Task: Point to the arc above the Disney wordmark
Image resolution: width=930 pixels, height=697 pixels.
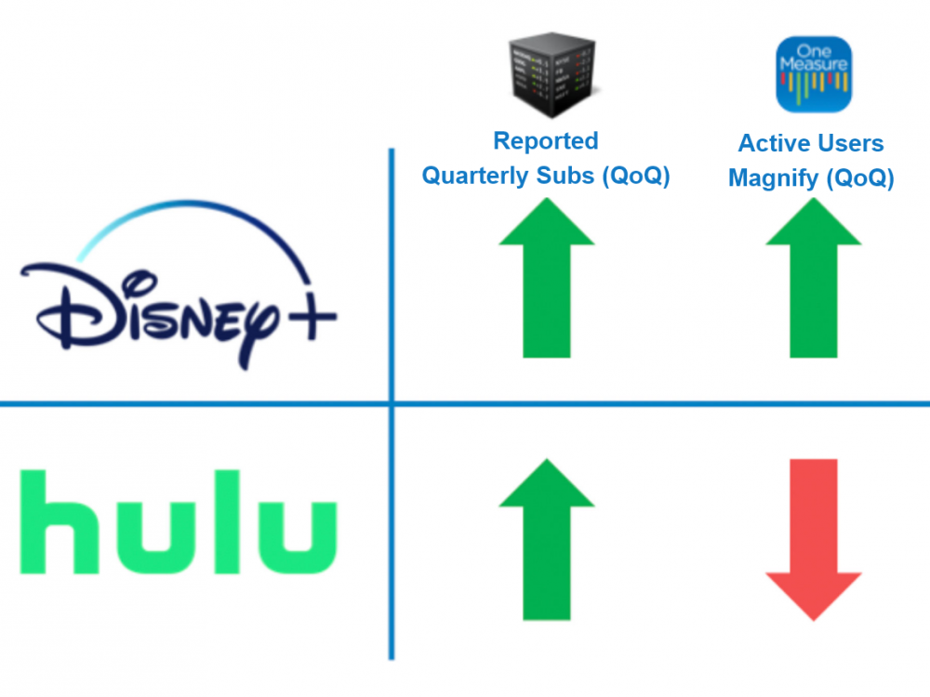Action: (x=186, y=218)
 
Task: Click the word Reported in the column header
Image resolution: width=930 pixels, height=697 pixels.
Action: (x=545, y=141)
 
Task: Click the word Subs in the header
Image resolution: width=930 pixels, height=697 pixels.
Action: (x=568, y=176)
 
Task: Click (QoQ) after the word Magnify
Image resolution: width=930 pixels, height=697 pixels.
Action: (x=858, y=178)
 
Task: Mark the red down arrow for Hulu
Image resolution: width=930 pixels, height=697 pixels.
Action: (x=813, y=539)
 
